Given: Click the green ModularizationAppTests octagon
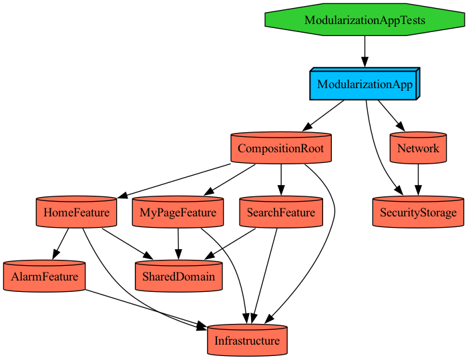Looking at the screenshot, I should coord(365,20).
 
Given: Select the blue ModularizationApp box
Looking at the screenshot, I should coord(364,84).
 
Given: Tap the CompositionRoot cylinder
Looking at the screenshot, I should coord(280,148).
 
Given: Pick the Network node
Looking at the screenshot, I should coord(418,148).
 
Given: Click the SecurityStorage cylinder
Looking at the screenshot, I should coord(418,212).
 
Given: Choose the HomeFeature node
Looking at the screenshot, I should coord(76,212).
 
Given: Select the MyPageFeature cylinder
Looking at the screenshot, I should coord(178,212).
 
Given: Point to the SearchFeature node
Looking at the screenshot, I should coord(280,212).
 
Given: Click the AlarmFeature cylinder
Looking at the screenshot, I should coord(44,277).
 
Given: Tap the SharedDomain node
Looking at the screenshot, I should coord(178,277).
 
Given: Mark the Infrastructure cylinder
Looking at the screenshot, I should coord(247,341).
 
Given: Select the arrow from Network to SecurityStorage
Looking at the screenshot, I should coord(418,180).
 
